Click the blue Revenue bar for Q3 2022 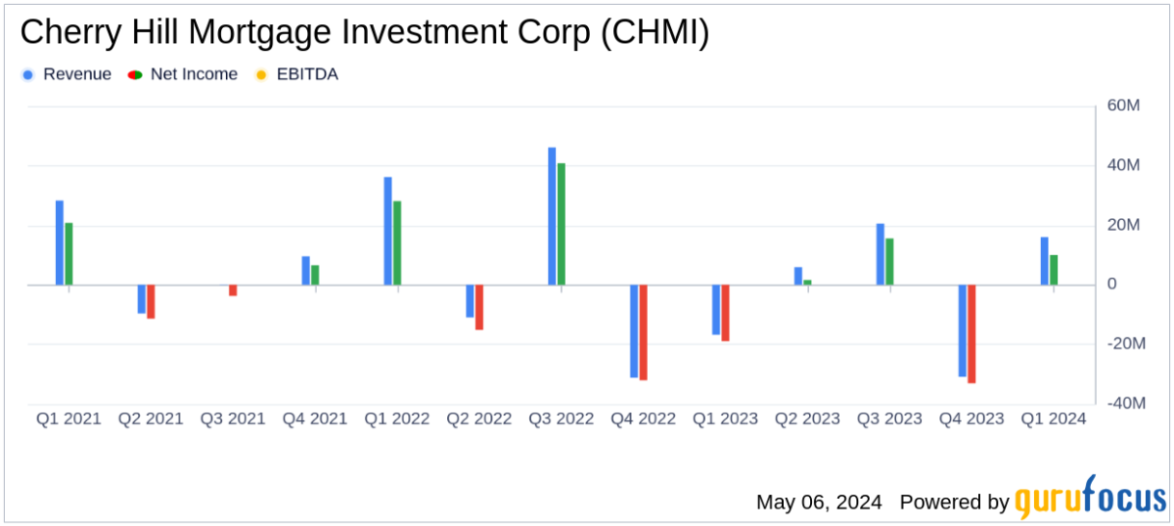[552, 216]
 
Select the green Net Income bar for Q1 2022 [397, 243]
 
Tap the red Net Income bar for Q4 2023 [971, 333]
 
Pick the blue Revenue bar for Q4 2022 [634, 330]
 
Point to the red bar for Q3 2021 [233, 290]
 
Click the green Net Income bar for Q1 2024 [1054, 270]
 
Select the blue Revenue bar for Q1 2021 [60, 242]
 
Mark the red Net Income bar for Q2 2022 [479, 307]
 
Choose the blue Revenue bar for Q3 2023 [880, 254]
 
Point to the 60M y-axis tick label [1124, 106]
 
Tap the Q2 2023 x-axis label [807, 418]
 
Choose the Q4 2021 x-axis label [315, 418]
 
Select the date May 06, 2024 [819, 503]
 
